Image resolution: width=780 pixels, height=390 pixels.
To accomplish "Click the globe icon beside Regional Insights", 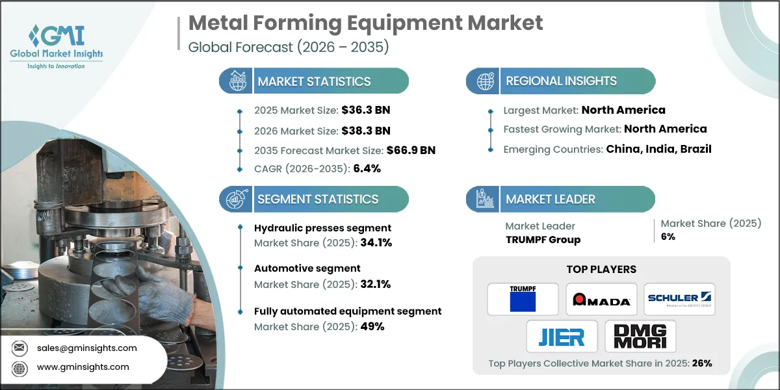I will [x=484, y=81].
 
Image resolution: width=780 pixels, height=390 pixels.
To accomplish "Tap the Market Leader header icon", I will [x=484, y=199].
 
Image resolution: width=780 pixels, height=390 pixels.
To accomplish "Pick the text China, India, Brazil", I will [x=658, y=149].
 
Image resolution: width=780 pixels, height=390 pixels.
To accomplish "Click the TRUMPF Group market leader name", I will [x=543, y=239].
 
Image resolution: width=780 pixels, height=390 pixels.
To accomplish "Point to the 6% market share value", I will [x=668, y=237].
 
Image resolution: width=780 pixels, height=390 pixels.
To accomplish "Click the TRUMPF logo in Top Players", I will [x=523, y=298].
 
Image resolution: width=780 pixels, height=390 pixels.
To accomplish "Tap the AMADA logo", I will [x=601, y=298].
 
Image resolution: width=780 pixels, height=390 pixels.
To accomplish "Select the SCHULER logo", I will [x=680, y=298].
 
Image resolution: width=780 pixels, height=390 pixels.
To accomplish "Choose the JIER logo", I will [x=562, y=336].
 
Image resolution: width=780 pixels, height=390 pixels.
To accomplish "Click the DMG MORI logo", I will [x=640, y=336].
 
